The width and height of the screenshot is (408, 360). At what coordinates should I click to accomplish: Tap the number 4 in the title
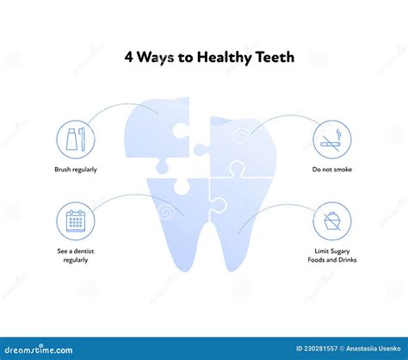pos(129,57)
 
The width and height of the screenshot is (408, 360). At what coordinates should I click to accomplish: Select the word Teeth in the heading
pos(275,57)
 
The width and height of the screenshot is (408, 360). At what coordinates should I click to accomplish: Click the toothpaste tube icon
pos(71,140)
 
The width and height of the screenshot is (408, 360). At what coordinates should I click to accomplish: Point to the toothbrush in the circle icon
pos(83,140)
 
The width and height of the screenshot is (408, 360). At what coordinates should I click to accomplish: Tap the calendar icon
pos(76,221)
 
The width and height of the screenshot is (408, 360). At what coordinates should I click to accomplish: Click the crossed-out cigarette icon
pos(331,140)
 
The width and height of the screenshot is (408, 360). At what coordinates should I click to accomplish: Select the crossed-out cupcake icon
pos(332,221)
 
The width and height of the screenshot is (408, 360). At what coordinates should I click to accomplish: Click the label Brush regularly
pos(76,170)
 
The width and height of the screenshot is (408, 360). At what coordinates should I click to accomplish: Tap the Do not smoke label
pos(332,170)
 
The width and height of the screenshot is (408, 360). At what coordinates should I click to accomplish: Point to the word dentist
pos(83,251)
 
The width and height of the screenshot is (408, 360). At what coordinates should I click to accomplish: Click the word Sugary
pos(340,251)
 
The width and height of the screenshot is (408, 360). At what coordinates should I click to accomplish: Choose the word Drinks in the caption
pos(348,260)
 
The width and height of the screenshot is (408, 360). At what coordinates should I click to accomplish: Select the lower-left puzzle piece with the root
pos(178,218)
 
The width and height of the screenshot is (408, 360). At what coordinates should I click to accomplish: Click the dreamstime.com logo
pos(39,350)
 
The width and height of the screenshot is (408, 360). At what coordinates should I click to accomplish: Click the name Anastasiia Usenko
pos(373,349)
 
